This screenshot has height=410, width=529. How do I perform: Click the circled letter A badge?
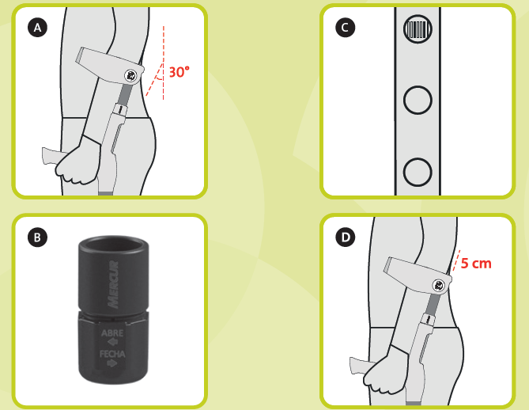coord(37,28)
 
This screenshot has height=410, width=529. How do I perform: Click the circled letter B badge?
coord(37,237)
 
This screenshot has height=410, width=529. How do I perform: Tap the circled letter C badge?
coord(345,28)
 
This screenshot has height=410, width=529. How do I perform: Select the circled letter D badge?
coord(345,237)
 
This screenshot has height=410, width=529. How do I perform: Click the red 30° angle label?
coord(179,72)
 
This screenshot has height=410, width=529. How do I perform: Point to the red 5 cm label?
coord(476,264)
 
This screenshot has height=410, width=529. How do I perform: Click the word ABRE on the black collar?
coord(112,333)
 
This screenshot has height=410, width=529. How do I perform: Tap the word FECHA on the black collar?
coord(112,354)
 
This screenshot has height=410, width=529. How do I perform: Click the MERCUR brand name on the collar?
coord(113,284)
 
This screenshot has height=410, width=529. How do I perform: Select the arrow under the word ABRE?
coord(112,342)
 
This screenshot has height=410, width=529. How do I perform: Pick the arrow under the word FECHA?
coord(112,363)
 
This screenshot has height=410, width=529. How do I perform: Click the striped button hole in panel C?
coord(418,29)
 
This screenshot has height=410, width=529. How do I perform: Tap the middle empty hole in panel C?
coord(418,101)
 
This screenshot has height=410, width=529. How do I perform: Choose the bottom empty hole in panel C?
coord(418,173)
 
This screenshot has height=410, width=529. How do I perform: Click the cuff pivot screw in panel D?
coord(438,286)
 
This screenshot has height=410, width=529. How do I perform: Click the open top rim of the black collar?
coord(113,244)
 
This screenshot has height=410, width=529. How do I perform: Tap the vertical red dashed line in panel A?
coord(164,63)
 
